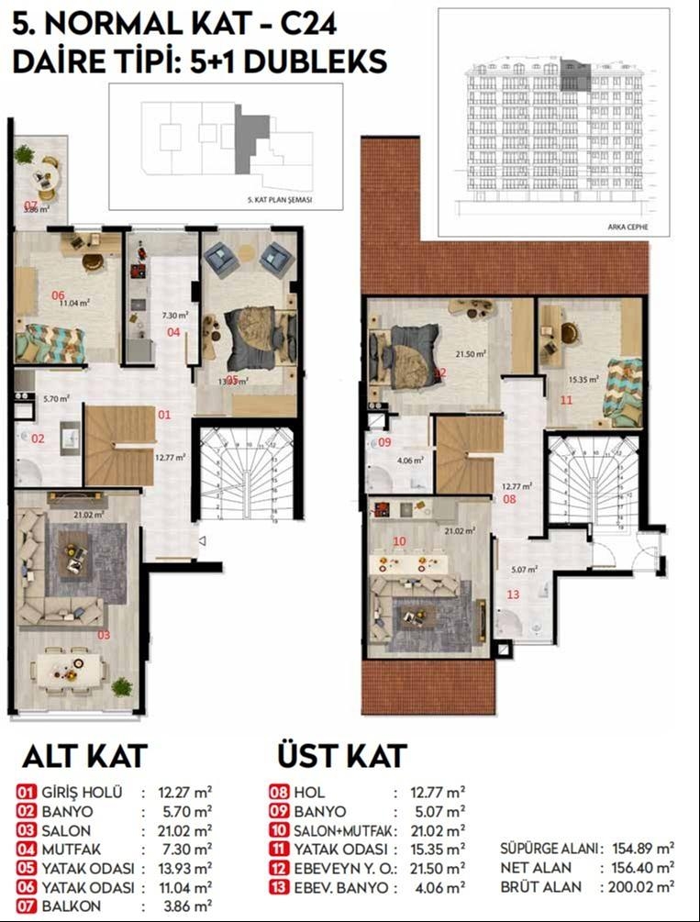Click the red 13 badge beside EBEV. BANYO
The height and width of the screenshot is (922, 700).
[x=281, y=888]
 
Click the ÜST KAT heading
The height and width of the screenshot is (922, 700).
[x=341, y=756]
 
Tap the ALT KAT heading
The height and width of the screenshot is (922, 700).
[x=83, y=756]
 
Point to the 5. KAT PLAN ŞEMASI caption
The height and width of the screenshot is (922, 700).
[x=275, y=199]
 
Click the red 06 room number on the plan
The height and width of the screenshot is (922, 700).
[x=58, y=295]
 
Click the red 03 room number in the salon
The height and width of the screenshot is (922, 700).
[x=103, y=634]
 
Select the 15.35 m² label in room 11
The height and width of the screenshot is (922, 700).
[x=583, y=378]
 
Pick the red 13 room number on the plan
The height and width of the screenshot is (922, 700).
[x=513, y=594]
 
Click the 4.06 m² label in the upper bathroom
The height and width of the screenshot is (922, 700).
[x=409, y=460]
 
